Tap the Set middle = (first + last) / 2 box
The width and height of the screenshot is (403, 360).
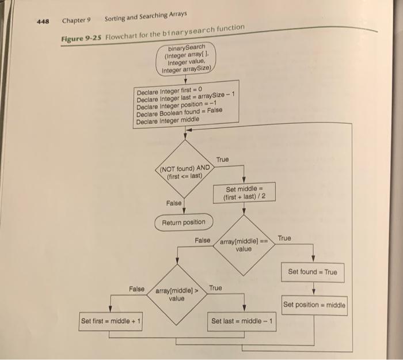(244, 192)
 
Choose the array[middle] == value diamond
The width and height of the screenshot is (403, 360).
(244, 245)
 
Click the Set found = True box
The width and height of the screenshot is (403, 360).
(313, 272)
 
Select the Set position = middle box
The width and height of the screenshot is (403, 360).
(314, 304)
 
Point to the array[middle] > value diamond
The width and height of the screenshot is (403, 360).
(177, 294)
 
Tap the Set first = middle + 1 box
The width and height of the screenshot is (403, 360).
(112, 320)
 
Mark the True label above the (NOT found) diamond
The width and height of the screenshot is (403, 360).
(222, 159)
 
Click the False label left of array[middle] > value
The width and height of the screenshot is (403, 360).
(136, 287)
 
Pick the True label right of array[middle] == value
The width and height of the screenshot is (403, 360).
(284, 238)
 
